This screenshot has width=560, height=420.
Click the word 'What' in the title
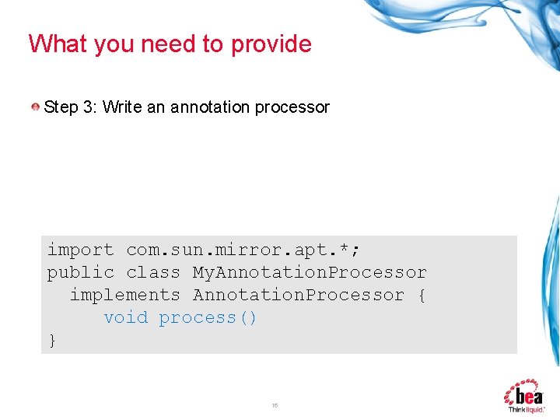pyautogui.click(x=58, y=44)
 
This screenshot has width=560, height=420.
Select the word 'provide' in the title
pyautogui.click(x=271, y=44)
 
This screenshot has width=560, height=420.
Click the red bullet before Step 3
pyautogui.click(x=37, y=107)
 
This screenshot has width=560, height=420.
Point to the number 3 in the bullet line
pyautogui.click(x=87, y=107)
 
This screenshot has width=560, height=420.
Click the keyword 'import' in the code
pyautogui.click(x=80, y=250)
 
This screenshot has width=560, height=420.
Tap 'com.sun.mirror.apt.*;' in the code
pyautogui.click(x=243, y=250)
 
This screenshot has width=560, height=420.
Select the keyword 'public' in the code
pyautogui.click(x=80, y=272)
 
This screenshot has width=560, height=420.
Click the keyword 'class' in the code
pyautogui.click(x=153, y=272)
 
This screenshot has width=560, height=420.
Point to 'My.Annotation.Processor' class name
pyautogui.click(x=310, y=272)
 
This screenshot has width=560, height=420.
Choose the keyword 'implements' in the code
pyautogui.click(x=124, y=295)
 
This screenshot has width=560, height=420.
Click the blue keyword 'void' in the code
pyautogui.click(x=125, y=317)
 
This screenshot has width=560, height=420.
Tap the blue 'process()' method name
pyautogui.click(x=208, y=317)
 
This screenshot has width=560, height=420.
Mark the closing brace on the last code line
pyautogui.click(x=52, y=340)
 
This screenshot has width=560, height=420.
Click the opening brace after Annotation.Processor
pyautogui.click(x=422, y=295)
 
